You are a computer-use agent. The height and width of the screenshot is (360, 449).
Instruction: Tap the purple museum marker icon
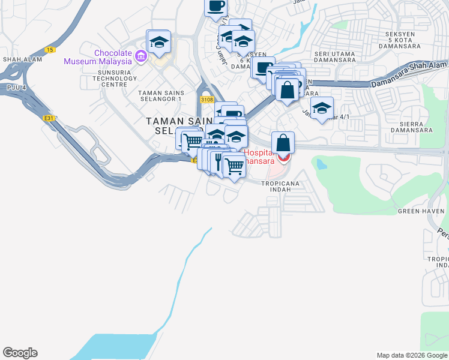141,57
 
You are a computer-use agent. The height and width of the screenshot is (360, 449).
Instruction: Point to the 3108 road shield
206,99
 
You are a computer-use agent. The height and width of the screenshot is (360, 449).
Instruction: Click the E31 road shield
49,118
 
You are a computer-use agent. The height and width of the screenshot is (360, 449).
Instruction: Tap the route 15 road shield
50,49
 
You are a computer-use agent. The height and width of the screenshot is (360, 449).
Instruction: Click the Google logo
20,353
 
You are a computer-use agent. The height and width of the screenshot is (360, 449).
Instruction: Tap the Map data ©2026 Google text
411,355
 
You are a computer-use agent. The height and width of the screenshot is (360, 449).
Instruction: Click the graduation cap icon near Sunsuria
159,42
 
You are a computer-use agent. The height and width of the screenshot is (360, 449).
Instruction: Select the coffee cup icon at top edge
216,7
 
